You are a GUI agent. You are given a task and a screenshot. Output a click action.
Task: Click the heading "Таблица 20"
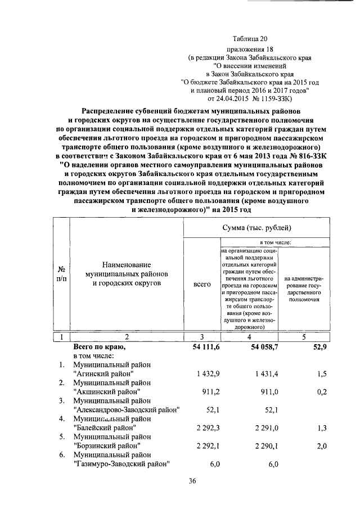tap(250, 38)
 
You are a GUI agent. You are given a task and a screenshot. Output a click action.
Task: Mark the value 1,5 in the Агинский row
tap(322, 374)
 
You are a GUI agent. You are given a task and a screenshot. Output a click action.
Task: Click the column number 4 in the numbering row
tap(250, 337)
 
